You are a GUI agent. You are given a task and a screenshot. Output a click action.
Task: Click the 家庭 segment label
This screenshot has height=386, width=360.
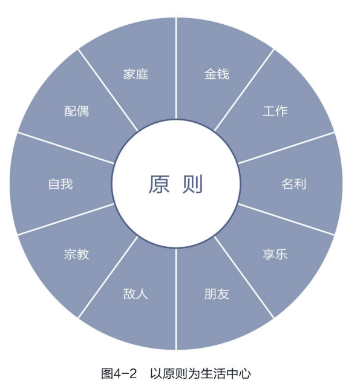coord(136,74)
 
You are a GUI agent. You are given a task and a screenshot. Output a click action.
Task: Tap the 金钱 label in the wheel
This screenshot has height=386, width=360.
coord(217,74)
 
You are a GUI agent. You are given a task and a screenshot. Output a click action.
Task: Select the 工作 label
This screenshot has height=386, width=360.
coord(275,111)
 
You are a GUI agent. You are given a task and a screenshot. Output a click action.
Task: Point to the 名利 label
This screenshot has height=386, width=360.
coord(294,184)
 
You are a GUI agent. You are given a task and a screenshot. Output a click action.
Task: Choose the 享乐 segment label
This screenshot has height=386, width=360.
coord(275,254)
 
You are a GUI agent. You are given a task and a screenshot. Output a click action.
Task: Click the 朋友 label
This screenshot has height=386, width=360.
coord(217,294)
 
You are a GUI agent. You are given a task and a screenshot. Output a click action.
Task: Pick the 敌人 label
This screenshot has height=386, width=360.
coord(136,294)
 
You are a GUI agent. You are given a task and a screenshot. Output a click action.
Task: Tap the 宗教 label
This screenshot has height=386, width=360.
coord(76,254)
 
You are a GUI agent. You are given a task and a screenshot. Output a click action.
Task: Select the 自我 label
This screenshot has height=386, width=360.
coord(61,184)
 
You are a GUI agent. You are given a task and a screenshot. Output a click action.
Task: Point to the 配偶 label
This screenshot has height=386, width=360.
coord(76,111)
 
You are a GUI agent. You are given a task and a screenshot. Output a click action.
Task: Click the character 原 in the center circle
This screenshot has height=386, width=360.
coord(159,184)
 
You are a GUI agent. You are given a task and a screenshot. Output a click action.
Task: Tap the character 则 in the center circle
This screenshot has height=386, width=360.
coord(192,184)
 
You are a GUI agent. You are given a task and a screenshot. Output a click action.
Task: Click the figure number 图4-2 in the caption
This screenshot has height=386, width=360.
coord(119,374)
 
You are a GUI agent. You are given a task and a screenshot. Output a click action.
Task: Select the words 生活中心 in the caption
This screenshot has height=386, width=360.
coord(226,374)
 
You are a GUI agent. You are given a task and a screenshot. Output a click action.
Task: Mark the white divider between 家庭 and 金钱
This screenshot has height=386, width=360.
coord(176,68)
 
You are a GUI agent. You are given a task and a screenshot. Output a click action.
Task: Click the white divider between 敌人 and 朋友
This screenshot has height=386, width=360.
coord(176,299)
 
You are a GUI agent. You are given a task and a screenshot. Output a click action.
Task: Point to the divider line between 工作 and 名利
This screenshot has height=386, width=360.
coord(286,148)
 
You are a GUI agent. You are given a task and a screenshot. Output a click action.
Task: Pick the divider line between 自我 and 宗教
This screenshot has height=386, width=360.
coord(66,220)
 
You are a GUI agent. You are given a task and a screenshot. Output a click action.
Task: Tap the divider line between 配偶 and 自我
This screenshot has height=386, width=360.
coord(66,148)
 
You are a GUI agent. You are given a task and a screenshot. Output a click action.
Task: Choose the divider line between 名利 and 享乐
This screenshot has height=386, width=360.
coord(286,220)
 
